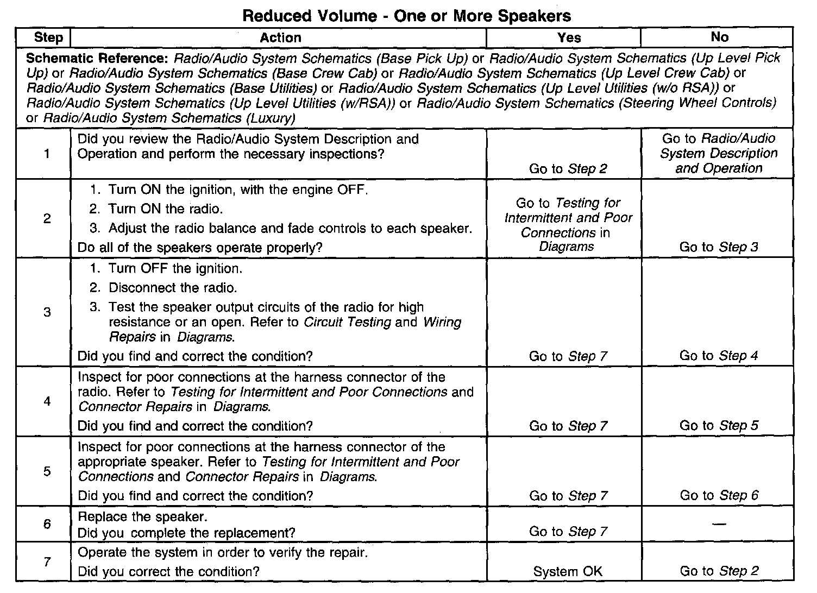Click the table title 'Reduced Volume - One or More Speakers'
(x=406, y=15)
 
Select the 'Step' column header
(x=48, y=37)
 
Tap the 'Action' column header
(x=280, y=37)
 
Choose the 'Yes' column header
(x=569, y=37)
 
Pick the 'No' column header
(x=719, y=37)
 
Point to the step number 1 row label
(x=47, y=154)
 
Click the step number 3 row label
(x=47, y=312)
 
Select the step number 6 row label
(x=47, y=524)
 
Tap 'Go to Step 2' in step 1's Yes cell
(x=568, y=169)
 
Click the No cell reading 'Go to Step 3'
(x=719, y=247)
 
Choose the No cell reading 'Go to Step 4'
(x=719, y=356)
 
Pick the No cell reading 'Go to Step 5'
(x=719, y=426)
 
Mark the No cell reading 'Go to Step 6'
(x=719, y=495)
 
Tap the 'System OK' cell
(x=568, y=571)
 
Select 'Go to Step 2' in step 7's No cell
(x=719, y=571)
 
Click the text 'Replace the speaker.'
(x=143, y=516)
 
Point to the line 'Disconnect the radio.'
(x=173, y=288)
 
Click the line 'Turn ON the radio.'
(x=166, y=209)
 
